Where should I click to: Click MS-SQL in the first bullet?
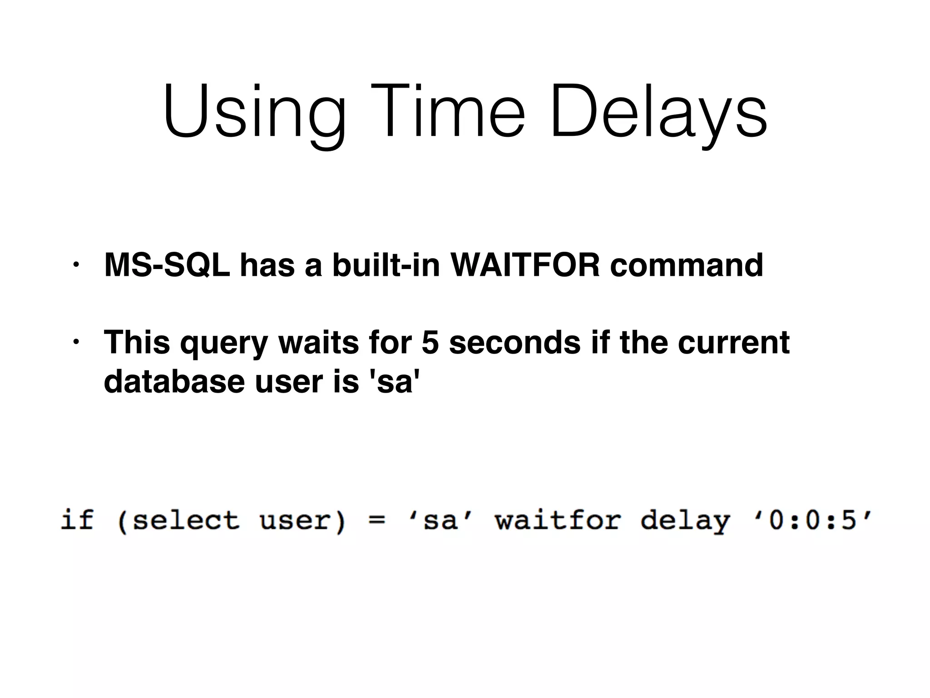click(x=167, y=265)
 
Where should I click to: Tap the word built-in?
click(x=386, y=265)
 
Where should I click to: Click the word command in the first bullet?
click(x=686, y=265)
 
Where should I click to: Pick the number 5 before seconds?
click(x=430, y=342)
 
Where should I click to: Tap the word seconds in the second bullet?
click(x=514, y=342)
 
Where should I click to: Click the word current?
click(x=733, y=342)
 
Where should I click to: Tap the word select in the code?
click(x=185, y=520)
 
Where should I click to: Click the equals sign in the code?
click(x=376, y=520)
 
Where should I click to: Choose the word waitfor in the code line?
click(x=557, y=520)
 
